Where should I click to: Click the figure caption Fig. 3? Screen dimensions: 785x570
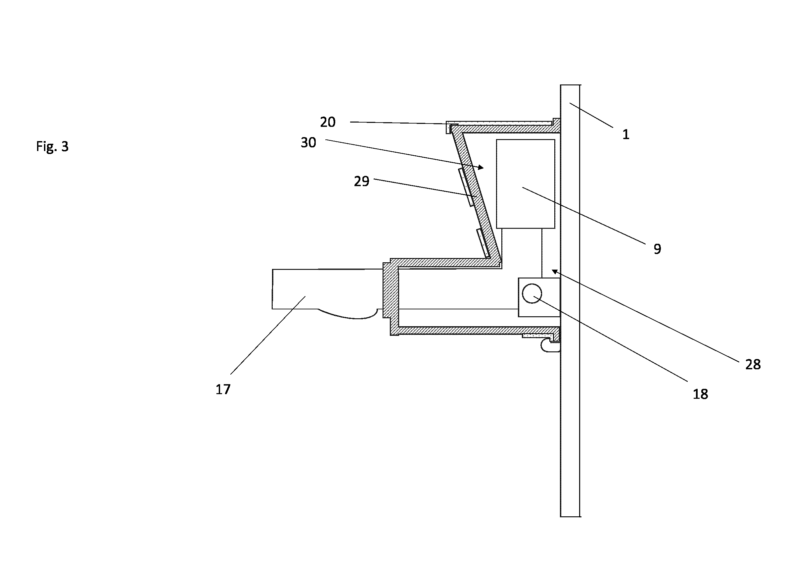(x=52, y=146)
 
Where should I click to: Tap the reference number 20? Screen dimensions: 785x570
(x=327, y=122)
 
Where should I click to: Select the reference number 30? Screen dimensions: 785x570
(x=308, y=143)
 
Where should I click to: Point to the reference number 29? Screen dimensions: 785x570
(x=361, y=181)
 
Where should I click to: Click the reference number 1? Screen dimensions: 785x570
(x=626, y=134)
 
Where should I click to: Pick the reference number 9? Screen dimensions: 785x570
(x=657, y=249)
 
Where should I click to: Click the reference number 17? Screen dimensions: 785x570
(x=223, y=389)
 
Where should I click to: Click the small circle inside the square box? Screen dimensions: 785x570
(x=532, y=293)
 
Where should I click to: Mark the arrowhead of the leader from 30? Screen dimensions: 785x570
(x=481, y=168)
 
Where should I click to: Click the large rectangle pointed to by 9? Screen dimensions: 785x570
(x=526, y=184)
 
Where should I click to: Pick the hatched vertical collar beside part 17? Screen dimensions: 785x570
(x=391, y=290)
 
